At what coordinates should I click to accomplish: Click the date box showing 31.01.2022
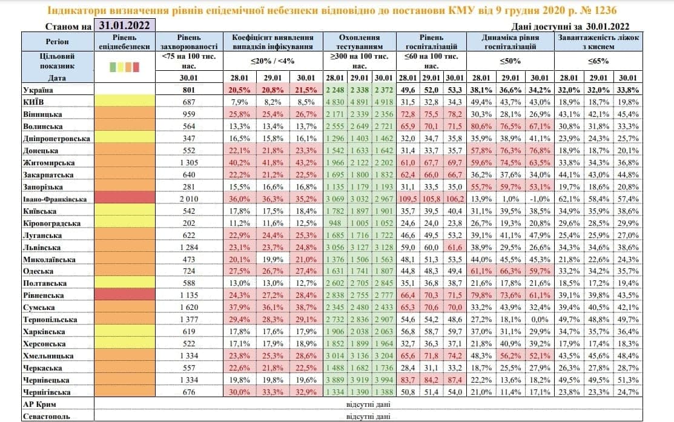[125, 25]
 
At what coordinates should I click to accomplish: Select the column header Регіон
[57, 42]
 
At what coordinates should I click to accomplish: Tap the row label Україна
[37, 90]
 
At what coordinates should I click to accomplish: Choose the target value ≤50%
[510, 61]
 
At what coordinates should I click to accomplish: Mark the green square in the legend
[113, 67]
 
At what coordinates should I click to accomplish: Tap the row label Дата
[58, 78]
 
